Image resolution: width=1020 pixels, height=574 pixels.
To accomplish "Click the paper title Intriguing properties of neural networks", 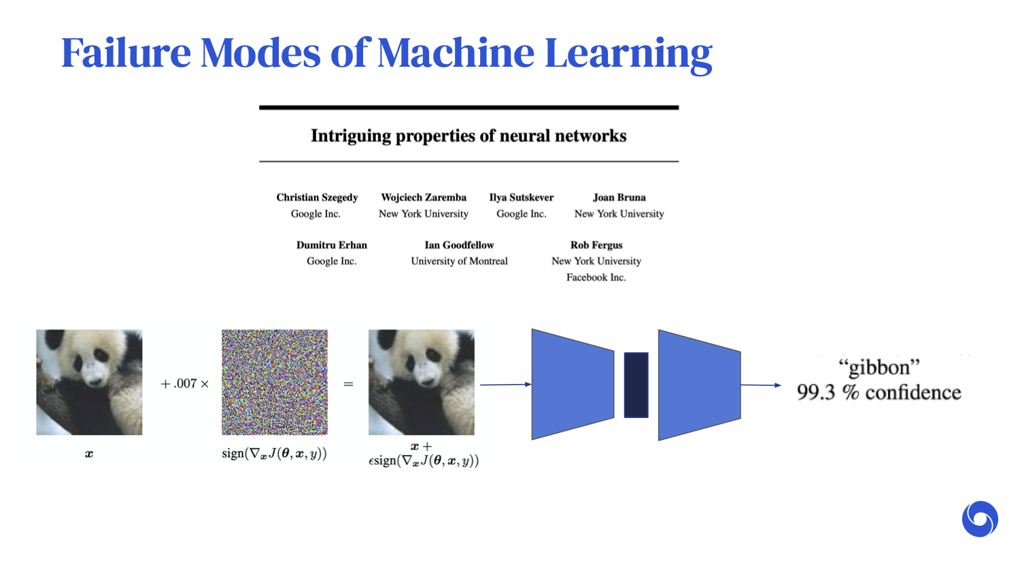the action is (469, 136).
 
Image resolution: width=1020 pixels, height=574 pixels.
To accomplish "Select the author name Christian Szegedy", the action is (317, 197).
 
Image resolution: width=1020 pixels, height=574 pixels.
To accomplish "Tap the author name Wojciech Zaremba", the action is (424, 197).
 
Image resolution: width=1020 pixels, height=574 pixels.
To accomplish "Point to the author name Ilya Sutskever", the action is (522, 197).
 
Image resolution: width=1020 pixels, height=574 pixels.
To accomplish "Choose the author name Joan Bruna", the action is (619, 197).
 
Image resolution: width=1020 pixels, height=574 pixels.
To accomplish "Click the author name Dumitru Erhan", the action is (332, 245).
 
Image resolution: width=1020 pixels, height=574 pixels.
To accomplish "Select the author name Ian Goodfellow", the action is (459, 245).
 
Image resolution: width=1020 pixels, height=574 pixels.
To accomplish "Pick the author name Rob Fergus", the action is (596, 245).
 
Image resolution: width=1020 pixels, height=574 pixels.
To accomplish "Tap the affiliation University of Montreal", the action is (459, 261).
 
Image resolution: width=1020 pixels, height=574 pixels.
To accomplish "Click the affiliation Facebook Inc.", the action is (596, 278).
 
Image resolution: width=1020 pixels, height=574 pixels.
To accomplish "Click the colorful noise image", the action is (275, 382).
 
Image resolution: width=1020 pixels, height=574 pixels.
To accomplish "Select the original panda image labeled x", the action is (89, 382).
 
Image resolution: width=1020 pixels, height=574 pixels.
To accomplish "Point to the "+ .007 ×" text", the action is (184, 384).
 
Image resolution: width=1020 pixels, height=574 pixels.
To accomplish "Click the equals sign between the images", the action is (348, 384).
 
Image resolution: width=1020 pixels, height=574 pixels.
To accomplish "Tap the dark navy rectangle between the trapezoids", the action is (636, 385).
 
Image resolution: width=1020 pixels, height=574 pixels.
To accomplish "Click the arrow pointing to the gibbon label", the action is (761, 385).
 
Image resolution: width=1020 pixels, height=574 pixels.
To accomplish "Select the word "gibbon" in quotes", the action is (879, 368).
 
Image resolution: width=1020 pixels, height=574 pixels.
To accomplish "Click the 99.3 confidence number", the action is (816, 393).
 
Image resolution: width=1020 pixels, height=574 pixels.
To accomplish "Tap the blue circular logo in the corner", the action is (980, 519).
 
